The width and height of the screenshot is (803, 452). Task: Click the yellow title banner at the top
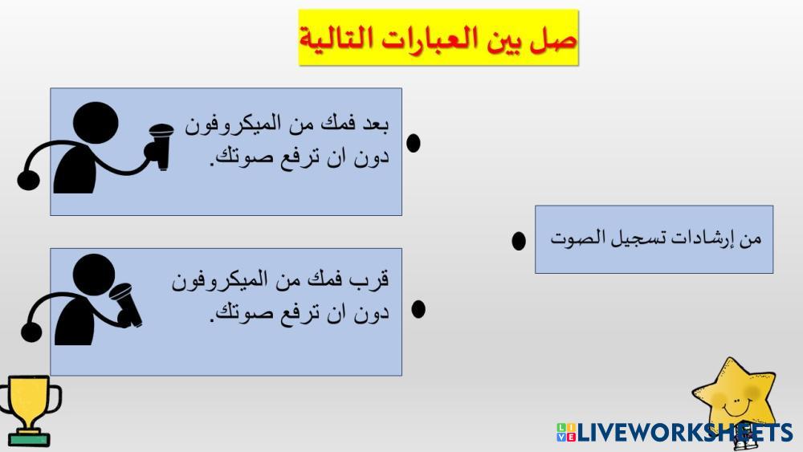438,38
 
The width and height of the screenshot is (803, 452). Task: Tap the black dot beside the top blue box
414,143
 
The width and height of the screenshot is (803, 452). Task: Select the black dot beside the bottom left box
418,308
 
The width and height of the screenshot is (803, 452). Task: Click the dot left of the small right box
519,241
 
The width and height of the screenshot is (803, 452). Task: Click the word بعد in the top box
375,124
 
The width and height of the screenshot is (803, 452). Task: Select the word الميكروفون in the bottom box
220,280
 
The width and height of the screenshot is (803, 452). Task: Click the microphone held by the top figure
161,146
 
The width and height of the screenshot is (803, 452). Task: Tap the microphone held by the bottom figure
126,305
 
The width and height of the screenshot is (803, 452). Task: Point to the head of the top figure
96,124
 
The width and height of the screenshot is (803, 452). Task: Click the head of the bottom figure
94,275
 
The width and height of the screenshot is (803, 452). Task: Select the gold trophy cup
30,410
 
